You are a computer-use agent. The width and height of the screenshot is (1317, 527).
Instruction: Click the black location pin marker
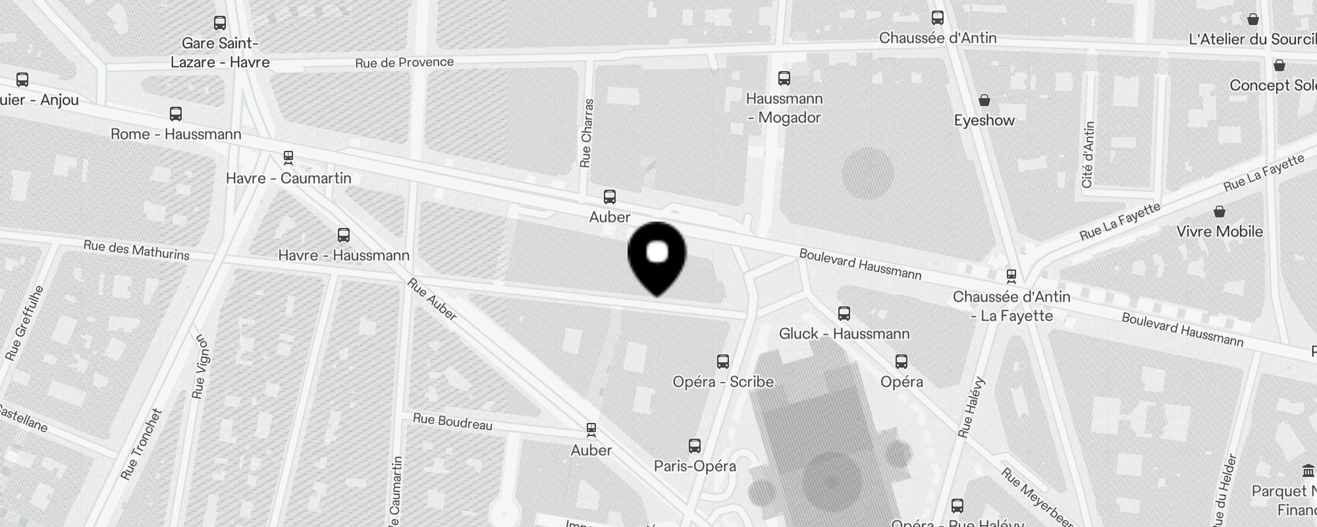(657, 257)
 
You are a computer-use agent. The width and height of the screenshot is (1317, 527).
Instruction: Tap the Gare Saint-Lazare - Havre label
(220, 53)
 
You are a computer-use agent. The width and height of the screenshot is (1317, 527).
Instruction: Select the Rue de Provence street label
(404, 63)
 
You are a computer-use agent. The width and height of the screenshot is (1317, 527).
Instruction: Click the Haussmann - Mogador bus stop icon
(784, 79)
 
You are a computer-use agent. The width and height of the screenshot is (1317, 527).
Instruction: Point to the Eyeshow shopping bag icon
(984, 100)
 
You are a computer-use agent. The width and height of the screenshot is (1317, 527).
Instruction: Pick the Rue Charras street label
(586, 133)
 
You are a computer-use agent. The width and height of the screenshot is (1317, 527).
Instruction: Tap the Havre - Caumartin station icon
(288, 158)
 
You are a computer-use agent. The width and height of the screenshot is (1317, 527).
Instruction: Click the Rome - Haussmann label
(176, 134)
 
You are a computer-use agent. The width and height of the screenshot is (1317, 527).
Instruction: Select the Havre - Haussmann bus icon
(343, 235)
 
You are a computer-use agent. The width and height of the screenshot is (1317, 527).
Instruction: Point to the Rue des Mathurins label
(136, 250)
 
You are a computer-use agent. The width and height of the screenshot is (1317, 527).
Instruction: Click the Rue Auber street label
(432, 299)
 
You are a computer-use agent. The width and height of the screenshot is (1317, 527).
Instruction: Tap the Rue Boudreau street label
(452, 422)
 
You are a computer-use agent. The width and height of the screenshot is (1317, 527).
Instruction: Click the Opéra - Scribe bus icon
(723, 362)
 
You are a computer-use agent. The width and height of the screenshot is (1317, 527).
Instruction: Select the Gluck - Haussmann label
(844, 334)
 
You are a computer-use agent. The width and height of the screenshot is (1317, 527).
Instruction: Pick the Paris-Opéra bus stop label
(695, 466)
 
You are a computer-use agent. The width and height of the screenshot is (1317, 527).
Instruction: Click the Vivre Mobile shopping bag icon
(1220, 212)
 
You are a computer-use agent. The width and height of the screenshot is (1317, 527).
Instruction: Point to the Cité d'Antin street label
(1088, 155)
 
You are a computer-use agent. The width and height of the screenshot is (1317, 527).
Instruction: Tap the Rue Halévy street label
(972, 407)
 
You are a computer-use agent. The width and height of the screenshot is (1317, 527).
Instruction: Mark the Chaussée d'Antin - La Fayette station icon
(1011, 275)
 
